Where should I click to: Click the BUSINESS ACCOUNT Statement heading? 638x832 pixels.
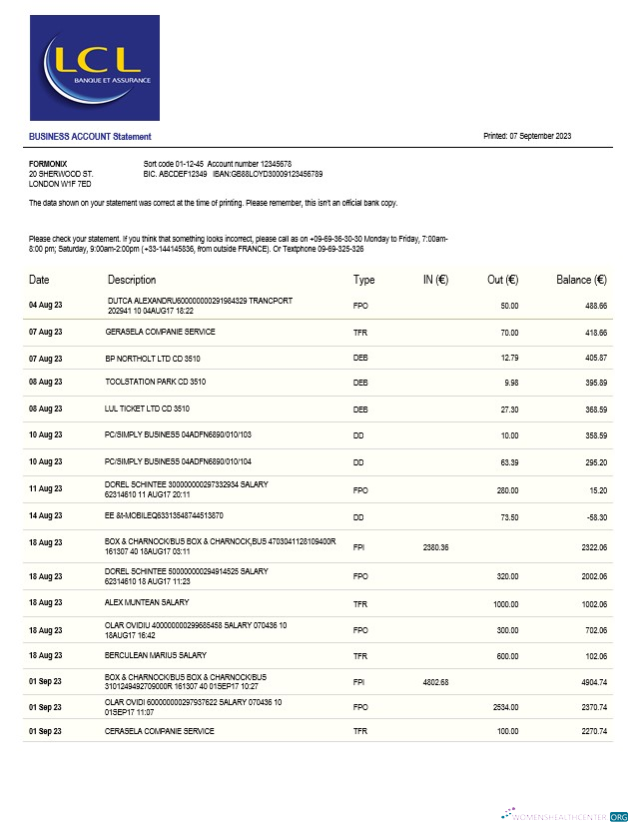pos(90,136)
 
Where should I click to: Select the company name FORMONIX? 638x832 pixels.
pos(48,163)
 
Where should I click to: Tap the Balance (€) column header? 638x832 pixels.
pos(581,280)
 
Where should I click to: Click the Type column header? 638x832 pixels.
pos(363,280)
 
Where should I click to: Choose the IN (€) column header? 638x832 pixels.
pos(434,280)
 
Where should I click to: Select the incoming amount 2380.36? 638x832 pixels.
pos(435,547)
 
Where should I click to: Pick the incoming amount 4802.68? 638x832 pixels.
pos(435,682)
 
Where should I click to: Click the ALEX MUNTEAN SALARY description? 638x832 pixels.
pos(148,603)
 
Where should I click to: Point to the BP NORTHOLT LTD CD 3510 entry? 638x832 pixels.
pos(154,358)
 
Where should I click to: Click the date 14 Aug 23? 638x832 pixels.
pos(46,517)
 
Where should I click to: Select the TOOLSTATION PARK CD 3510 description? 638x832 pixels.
pos(156,382)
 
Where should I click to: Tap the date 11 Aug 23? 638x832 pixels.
pos(46,489)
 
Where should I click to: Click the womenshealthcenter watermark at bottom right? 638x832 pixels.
pos(565,815)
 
